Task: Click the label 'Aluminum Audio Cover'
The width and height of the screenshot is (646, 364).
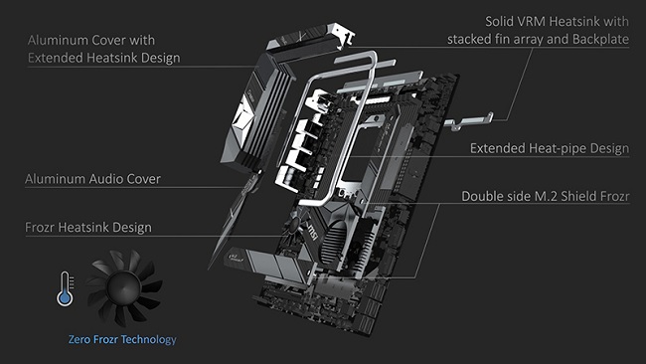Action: coord(93,179)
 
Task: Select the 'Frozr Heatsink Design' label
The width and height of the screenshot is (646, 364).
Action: coord(89,228)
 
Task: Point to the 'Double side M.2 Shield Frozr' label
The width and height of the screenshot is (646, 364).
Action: coord(545,196)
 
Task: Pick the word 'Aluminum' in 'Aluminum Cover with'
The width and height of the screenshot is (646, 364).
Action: coord(59,39)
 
